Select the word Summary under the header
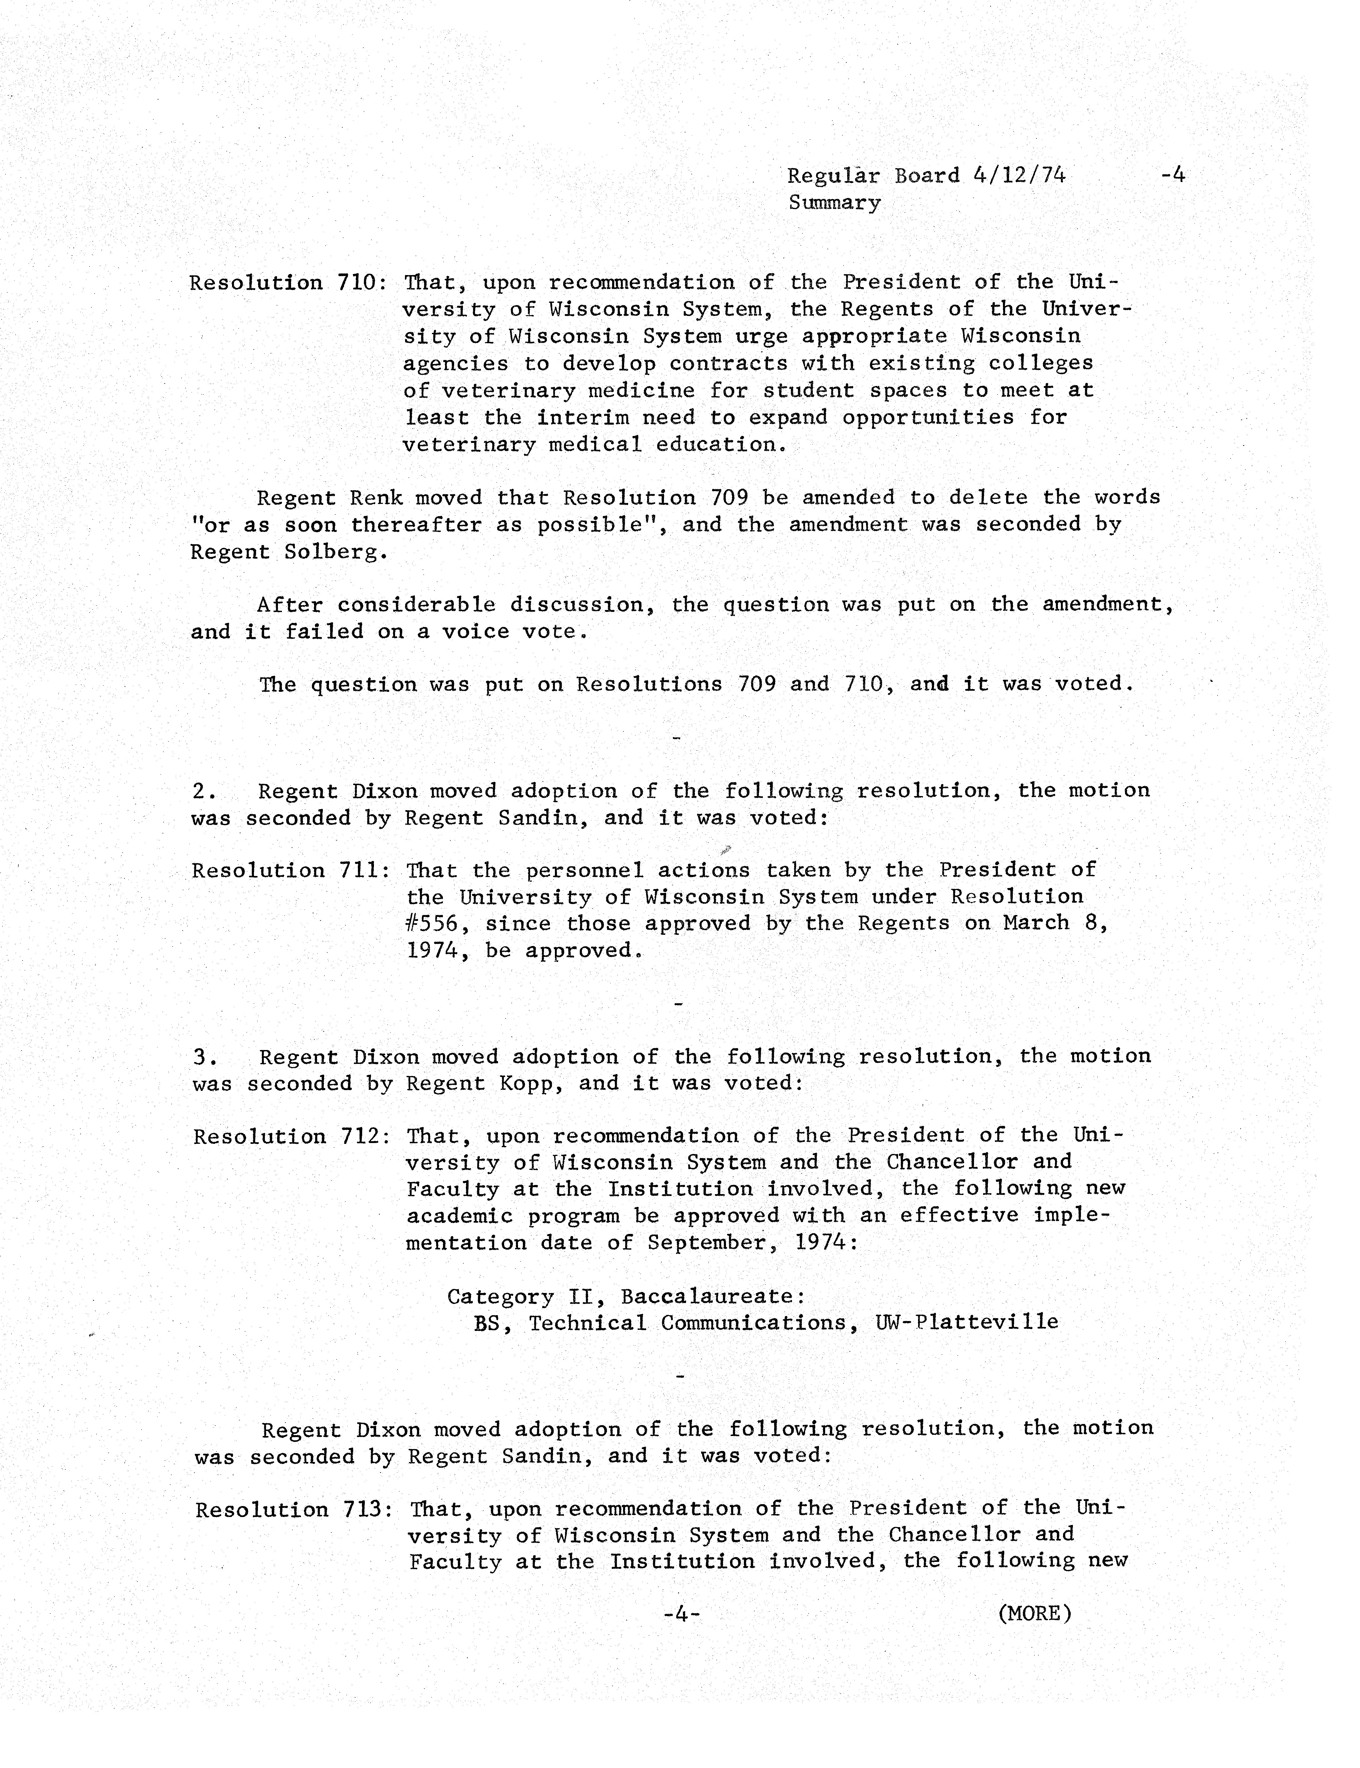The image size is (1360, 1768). (834, 203)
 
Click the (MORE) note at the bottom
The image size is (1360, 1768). (1035, 1613)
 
